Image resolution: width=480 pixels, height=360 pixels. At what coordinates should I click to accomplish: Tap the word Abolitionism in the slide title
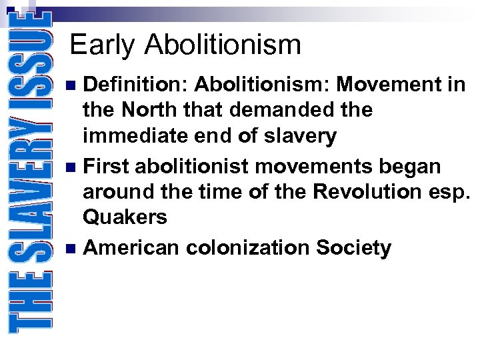point(223,45)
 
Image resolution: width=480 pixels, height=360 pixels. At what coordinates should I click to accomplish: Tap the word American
point(131,247)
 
